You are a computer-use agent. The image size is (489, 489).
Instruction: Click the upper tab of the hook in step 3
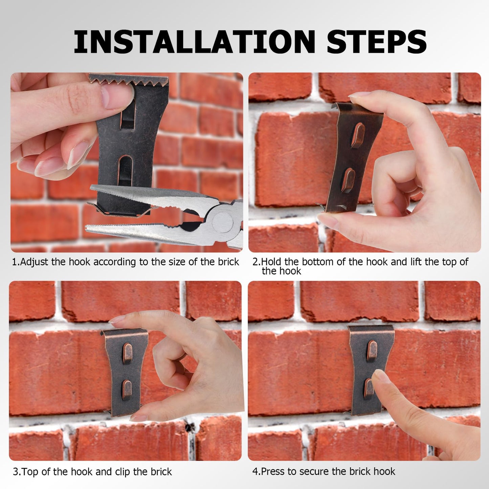(x=128, y=352)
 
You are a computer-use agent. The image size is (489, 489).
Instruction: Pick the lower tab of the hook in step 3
(x=127, y=389)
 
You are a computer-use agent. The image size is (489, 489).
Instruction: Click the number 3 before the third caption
(x=15, y=472)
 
